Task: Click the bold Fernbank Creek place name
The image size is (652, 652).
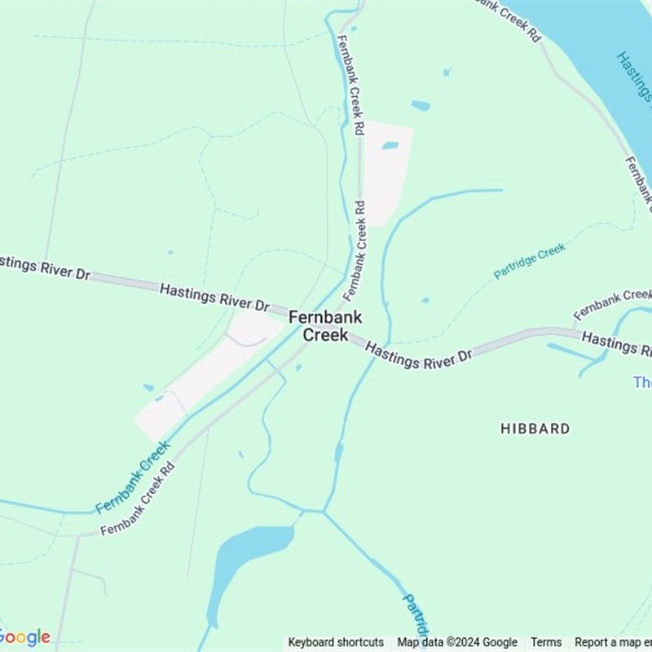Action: point(325,326)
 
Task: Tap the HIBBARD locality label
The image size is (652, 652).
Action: point(535,429)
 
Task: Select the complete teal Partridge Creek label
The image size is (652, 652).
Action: point(530,261)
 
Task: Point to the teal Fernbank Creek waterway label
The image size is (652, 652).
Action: point(133,478)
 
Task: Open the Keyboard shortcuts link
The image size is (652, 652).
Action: point(336,642)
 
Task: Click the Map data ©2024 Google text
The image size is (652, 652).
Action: point(457,642)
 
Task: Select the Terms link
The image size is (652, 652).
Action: point(546,642)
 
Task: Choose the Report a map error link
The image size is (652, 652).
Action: point(612,642)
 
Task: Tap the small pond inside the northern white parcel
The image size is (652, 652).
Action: point(390,146)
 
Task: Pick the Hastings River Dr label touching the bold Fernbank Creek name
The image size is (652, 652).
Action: point(214,297)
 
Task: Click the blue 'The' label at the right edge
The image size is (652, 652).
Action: point(642,382)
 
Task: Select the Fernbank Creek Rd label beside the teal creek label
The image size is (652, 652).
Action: point(138,500)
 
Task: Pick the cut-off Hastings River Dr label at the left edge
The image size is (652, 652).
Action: point(45,267)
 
